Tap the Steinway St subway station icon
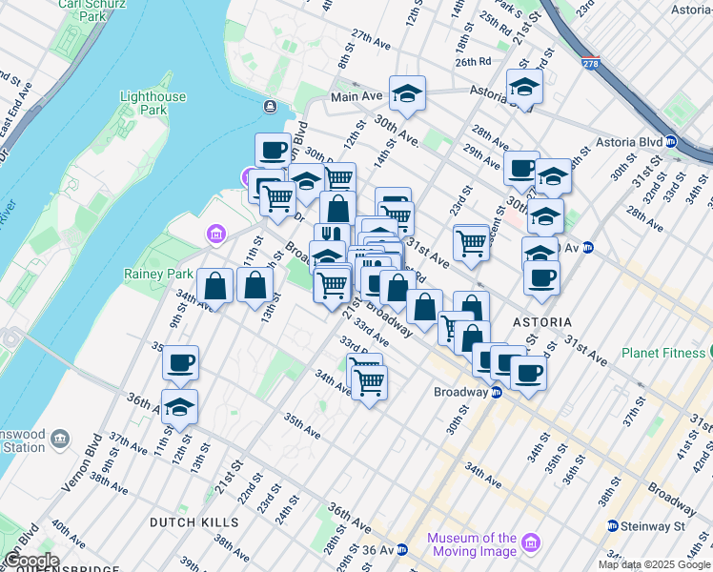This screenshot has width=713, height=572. point(613,526)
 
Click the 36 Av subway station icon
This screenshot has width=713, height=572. point(402,550)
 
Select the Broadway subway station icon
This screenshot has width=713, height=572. point(497,393)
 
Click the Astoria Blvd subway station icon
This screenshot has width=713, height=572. point(671,142)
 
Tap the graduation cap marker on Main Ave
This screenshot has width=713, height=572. point(407,93)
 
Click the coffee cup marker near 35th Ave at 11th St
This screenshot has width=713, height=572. point(180,363)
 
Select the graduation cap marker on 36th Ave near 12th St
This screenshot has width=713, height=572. point(180,407)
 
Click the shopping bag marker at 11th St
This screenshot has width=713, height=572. point(215,285)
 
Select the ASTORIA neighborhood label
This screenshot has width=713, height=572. point(540,322)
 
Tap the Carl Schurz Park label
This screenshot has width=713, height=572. point(82,10)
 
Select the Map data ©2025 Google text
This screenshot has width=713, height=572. point(655,564)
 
